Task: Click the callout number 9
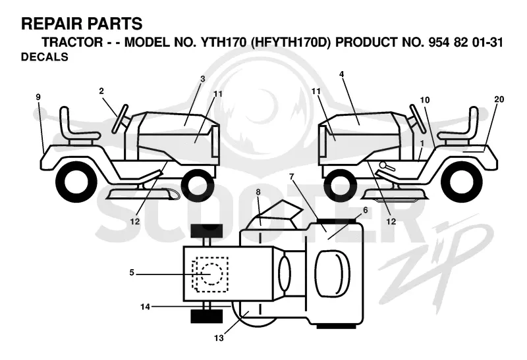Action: click(x=38, y=97)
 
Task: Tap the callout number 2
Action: click(x=101, y=91)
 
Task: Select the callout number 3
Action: click(x=202, y=79)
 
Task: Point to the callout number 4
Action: click(x=341, y=74)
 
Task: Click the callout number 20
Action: click(x=499, y=99)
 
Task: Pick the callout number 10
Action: click(x=425, y=100)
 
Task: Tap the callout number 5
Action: click(x=132, y=272)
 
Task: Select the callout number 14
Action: click(x=145, y=307)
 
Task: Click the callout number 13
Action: click(x=219, y=338)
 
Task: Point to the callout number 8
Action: click(x=258, y=192)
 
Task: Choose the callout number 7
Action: click(x=291, y=176)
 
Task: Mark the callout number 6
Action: click(x=366, y=210)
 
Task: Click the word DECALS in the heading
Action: click(x=44, y=57)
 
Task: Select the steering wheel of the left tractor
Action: click(x=121, y=119)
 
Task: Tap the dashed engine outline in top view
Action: click(x=210, y=274)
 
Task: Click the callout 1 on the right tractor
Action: click(x=422, y=143)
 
